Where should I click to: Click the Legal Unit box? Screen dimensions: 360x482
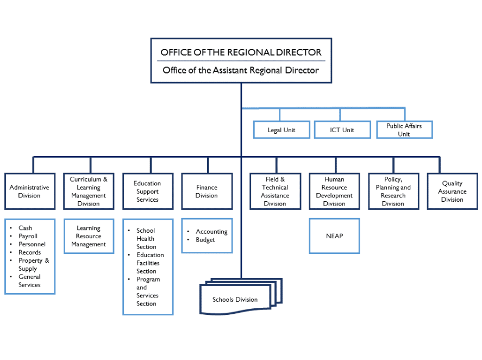coord(281,129)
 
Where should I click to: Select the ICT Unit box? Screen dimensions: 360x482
coord(342,129)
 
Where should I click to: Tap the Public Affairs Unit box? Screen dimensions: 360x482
coord(404,129)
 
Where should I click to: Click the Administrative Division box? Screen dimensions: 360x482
coord(29,191)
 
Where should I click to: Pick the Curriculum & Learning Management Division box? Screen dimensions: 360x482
coord(89,191)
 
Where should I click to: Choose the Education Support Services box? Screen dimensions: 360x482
coord(147,191)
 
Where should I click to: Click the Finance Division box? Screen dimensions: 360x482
coord(206,191)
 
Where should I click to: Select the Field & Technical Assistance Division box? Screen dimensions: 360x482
coord(275,191)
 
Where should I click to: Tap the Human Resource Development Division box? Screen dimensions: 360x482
coord(334,191)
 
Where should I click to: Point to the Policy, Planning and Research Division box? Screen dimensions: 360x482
coord(393,191)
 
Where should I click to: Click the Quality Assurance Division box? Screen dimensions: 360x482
coord(452,191)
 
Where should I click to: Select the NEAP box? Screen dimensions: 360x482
coord(334,236)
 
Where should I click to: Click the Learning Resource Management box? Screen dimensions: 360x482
coord(89,236)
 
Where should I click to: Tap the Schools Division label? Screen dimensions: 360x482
coord(235,300)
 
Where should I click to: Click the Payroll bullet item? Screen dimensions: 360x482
coord(28,236)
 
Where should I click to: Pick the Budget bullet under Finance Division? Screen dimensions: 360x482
coord(205,240)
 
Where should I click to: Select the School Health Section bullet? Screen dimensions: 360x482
coord(146,239)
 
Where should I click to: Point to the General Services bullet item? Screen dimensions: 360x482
coord(29,281)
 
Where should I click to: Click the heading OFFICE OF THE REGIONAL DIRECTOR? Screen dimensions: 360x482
coord(241,53)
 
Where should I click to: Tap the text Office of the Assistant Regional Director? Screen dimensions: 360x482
coord(241,70)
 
